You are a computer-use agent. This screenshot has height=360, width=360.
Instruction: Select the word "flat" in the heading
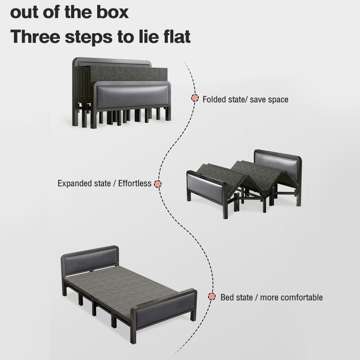(x=177, y=36)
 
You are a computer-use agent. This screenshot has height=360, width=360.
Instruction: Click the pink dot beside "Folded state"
(x=195, y=98)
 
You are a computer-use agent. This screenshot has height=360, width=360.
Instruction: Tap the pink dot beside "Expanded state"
(x=157, y=184)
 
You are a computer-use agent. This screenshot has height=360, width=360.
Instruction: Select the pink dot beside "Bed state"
(x=211, y=297)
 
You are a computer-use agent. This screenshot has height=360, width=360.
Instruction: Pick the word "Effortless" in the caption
(x=135, y=184)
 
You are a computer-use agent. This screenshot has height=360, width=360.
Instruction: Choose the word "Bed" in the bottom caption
(x=227, y=297)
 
